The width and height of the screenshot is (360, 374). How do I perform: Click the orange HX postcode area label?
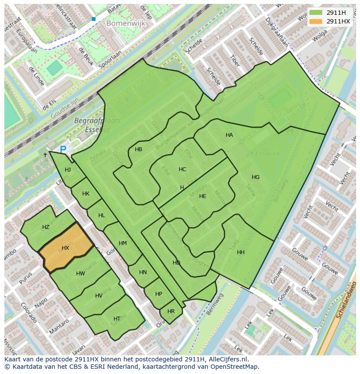coord(65,248)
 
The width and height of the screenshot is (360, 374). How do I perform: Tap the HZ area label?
coord(46,227)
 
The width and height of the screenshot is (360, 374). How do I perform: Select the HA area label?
coord(229,135)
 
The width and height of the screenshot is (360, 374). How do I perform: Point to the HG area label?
coord(256,177)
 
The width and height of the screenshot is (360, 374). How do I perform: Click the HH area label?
coord(241,252)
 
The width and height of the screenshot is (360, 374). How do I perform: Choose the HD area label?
coord(176,263)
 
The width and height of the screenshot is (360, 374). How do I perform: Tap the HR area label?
coord(171,311)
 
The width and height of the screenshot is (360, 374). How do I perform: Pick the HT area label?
coord(117,319)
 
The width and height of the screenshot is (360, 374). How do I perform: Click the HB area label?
coord(138,149)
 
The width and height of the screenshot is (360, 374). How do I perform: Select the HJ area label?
coord(68,170)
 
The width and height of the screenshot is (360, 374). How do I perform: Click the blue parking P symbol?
coord(63,149)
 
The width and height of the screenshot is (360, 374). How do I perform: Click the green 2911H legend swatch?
coord(316,13)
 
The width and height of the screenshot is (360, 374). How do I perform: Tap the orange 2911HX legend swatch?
coord(316,21)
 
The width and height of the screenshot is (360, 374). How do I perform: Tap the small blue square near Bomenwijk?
coord(93,19)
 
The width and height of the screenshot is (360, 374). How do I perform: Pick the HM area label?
coord(123,243)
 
